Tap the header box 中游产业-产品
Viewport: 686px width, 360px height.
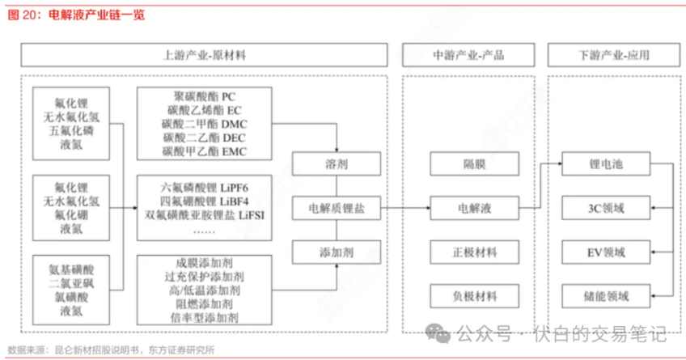469,55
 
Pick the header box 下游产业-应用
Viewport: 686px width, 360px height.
613,55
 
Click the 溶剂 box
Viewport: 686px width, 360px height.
337,165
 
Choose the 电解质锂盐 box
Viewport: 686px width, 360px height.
337,209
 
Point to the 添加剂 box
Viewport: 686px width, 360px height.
337,252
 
